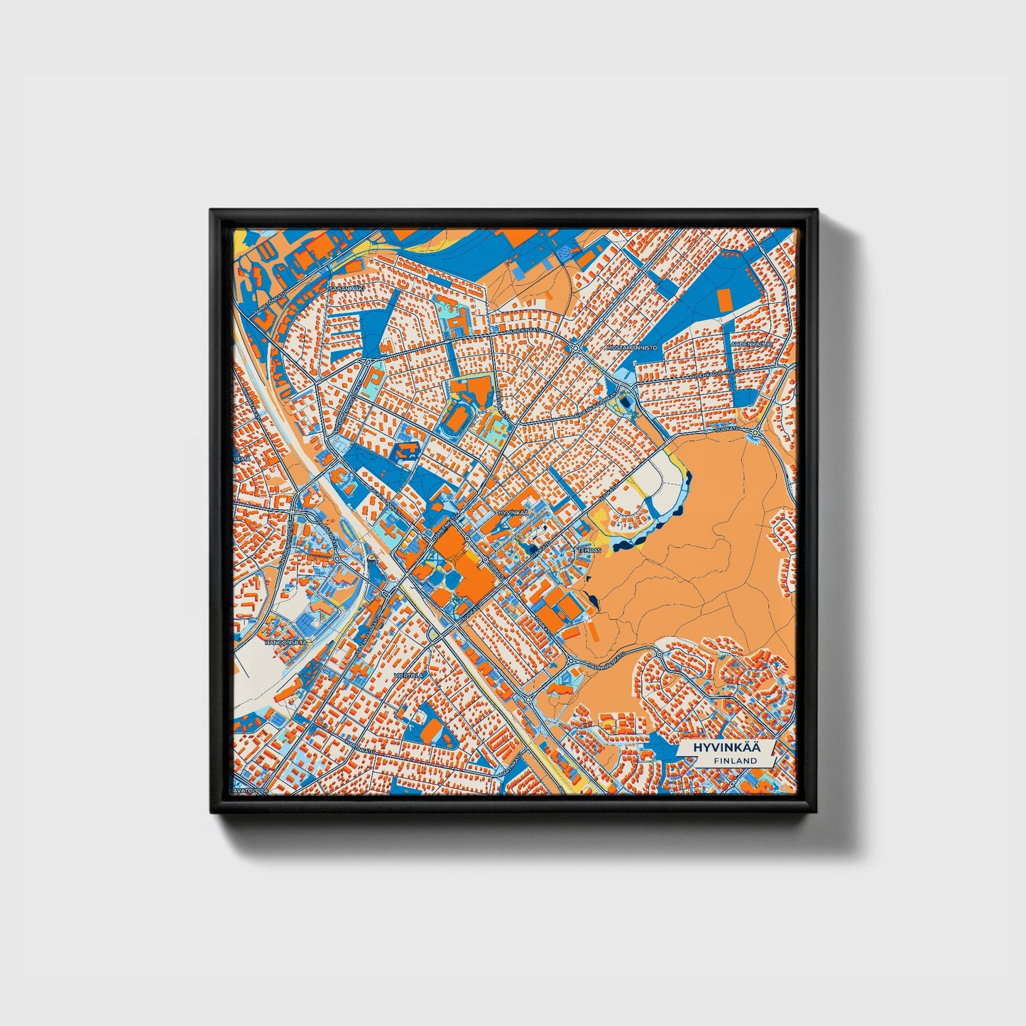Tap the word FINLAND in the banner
[x=736, y=760]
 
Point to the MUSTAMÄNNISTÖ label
[x=632, y=348]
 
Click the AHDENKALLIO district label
[x=760, y=344]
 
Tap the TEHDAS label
[x=589, y=550]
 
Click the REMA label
[x=243, y=459]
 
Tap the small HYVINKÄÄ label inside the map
[x=514, y=512]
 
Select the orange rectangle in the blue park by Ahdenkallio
[x=724, y=301]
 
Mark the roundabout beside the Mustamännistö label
[x=576, y=348]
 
